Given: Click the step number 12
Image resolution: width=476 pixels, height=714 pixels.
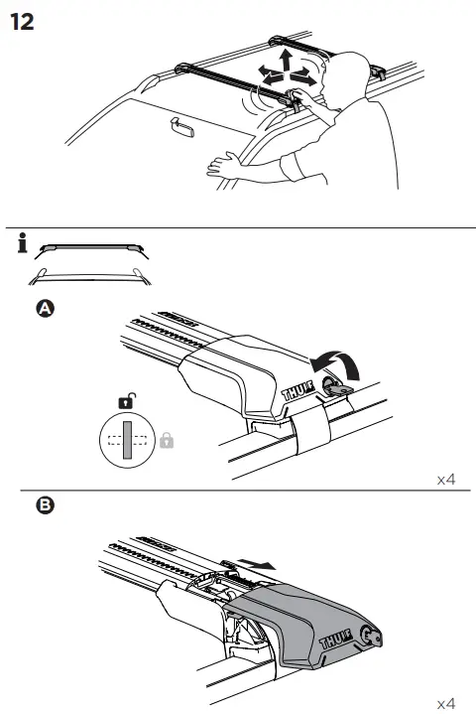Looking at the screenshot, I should click(22, 21).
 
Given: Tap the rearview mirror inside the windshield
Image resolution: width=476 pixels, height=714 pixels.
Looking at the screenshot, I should click(182, 128).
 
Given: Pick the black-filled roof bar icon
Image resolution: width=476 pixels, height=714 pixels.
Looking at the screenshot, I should click(95, 245).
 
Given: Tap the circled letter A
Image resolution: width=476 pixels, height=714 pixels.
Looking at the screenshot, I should click(44, 310).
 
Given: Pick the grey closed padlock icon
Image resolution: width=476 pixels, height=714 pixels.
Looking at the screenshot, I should click(167, 439).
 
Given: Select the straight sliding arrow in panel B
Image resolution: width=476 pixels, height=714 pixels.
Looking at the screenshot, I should click(260, 562).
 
